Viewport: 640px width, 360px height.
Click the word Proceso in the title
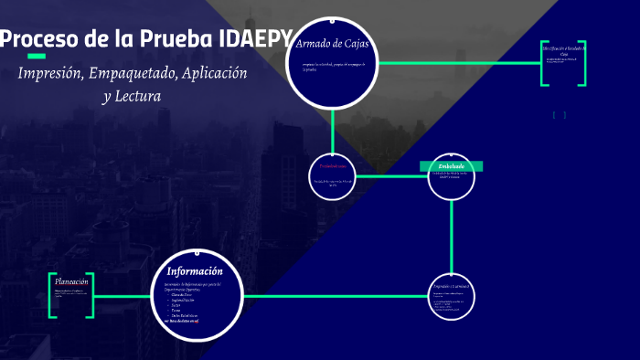[x=40, y=39]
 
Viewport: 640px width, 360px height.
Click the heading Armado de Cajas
[x=331, y=44]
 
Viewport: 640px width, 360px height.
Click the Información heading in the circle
[x=194, y=271]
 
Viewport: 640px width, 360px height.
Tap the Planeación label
[x=71, y=282]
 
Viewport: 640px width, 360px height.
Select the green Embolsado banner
[x=452, y=166]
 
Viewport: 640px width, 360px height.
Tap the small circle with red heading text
[x=333, y=175]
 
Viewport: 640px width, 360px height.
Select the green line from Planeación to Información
[x=123, y=296]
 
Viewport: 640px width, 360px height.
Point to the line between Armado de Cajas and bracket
[x=457, y=63]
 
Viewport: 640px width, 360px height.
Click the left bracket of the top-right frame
[x=544, y=63]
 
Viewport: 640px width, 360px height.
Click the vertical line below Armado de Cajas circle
[x=333, y=128]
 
